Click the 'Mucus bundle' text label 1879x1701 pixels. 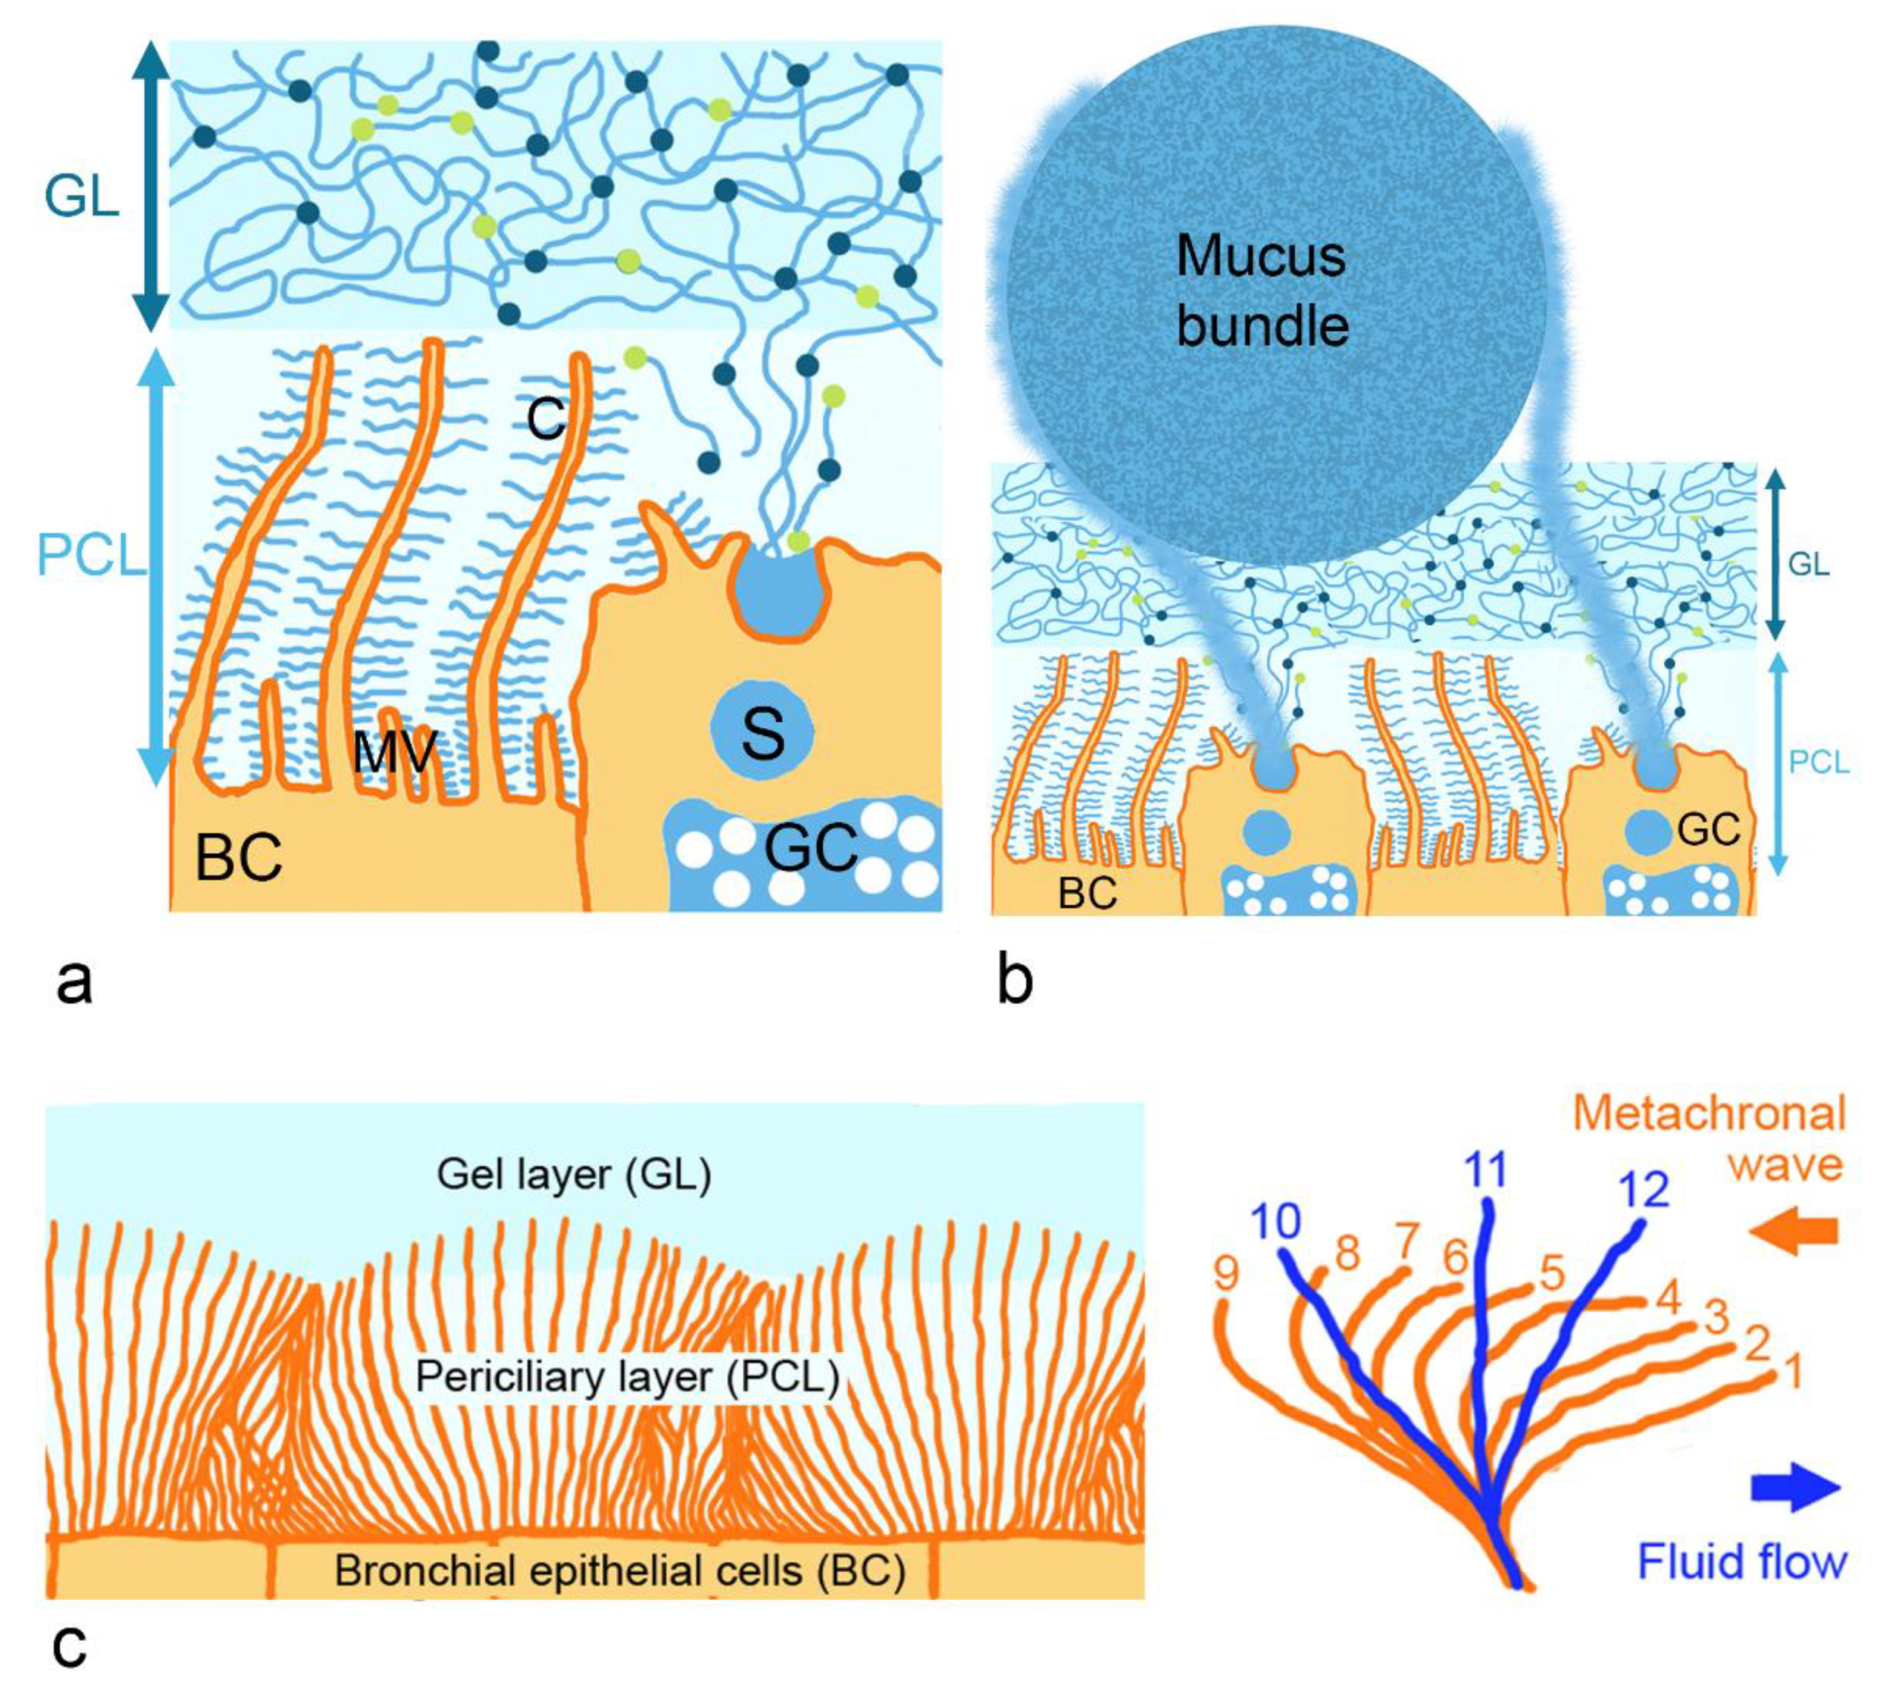[x=1262, y=291]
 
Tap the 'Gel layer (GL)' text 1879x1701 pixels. [x=574, y=1174]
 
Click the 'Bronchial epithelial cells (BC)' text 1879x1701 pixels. [x=620, y=1571]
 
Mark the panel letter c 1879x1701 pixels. [x=70, y=1646]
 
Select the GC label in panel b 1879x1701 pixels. [x=1709, y=828]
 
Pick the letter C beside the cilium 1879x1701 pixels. [x=545, y=418]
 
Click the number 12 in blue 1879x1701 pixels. [x=1644, y=1190]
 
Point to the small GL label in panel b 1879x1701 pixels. [x=1808, y=564]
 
